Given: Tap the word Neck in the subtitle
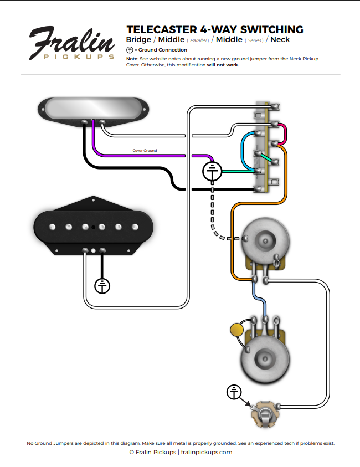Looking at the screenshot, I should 280,40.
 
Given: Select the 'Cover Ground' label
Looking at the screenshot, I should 145,151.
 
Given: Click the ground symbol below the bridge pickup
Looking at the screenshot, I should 102,286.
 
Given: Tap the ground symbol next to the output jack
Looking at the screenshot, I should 235,392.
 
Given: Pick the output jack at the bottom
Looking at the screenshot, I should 266,413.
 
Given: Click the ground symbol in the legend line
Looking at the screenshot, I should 130,50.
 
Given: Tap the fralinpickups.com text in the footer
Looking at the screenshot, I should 207,452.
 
